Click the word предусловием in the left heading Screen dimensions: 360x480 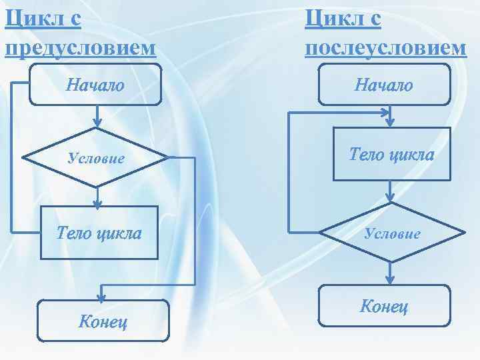click(81, 48)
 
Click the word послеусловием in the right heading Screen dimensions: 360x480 click(385, 48)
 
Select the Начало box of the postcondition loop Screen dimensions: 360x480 click(384, 85)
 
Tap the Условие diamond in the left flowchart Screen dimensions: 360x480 click(95, 158)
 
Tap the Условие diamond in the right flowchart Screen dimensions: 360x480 click(391, 233)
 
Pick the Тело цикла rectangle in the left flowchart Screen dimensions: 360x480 click(99, 233)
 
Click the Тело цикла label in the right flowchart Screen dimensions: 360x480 click(391, 155)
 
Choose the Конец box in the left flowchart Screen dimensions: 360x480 click(103, 321)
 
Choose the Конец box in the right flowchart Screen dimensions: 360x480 click(384, 307)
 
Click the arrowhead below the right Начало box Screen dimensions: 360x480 click(391, 123)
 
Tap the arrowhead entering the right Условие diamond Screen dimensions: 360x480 click(391, 198)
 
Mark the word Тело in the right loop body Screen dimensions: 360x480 click(366, 155)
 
